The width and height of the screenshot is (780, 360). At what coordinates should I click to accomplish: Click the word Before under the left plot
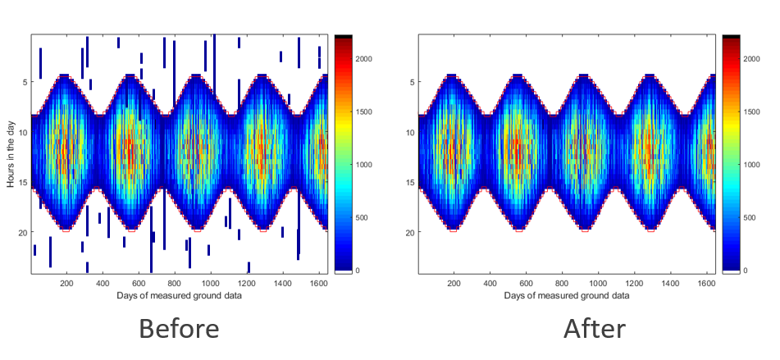tap(179, 329)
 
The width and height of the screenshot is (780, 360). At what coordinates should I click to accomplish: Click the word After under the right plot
tap(595, 329)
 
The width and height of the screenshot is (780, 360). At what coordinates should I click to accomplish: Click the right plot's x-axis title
tap(568, 295)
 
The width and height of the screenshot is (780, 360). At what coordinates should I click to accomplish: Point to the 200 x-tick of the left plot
tap(67, 283)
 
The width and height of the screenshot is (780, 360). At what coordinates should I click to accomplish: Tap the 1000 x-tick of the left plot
tap(210, 283)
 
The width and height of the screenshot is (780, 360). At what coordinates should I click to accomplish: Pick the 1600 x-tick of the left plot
tap(318, 283)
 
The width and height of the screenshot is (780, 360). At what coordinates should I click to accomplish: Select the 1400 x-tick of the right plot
tap(670, 283)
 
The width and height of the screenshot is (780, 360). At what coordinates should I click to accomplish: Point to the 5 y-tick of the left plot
tap(25, 82)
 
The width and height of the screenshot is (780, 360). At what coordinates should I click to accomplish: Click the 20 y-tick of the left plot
tap(23, 233)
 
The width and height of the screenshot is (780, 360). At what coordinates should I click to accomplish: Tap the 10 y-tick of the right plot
tap(411, 132)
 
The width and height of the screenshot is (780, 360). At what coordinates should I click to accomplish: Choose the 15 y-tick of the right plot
tap(411, 182)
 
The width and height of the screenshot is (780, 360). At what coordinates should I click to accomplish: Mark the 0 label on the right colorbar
tap(745, 271)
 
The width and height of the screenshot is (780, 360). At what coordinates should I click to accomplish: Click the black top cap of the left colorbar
tap(343, 37)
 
